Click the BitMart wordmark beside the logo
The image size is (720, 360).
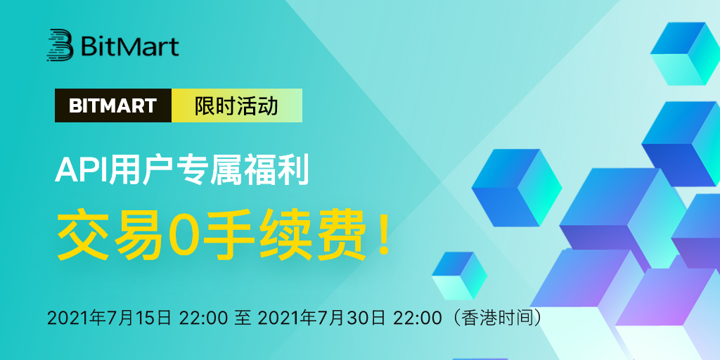[130, 46]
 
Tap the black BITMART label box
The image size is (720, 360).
[113, 105]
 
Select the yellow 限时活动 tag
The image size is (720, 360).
[237, 105]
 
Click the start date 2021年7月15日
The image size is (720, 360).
[109, 318]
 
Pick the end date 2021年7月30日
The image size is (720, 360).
[321, 318]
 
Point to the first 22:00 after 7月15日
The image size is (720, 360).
[202, 318]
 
